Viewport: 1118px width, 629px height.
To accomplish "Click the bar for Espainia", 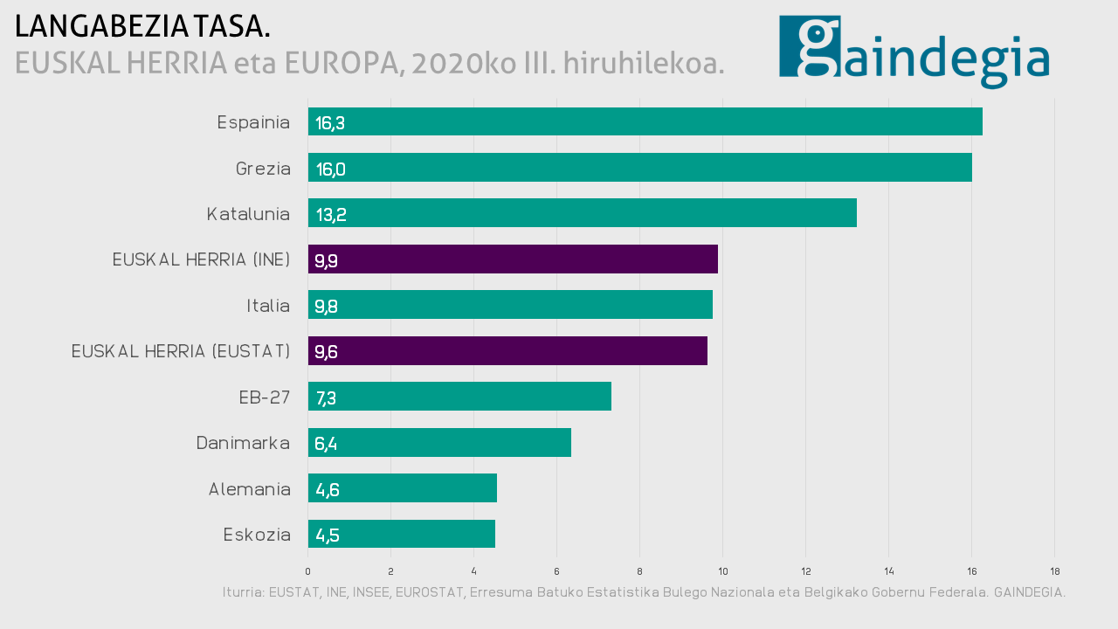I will pos(645,122).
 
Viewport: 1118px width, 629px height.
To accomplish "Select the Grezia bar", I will pos(639,168).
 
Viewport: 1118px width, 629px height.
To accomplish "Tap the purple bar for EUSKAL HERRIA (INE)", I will pos(513,259).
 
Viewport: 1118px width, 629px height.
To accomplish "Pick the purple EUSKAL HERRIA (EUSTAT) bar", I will pos(507,351).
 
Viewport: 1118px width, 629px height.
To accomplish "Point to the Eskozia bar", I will pos(402,534).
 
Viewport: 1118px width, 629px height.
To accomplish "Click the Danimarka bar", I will pos(439,443).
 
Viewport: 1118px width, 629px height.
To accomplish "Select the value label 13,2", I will pos(331,215).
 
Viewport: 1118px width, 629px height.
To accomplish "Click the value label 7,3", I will pos(326,398).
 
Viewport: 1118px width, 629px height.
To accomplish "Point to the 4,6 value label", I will pos(328,490).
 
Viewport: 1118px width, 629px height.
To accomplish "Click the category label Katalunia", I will pos(248,214).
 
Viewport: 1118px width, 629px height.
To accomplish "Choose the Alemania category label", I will pos(249,489).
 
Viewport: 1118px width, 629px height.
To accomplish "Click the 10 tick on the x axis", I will pos(723,571).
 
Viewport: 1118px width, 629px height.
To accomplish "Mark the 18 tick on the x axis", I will pos(1055,571).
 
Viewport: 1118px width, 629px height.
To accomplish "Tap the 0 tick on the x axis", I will pos(307,571).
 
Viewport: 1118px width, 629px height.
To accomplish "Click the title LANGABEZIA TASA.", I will pos(142,27).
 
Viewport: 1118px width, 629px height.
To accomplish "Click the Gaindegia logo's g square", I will pos(810,46).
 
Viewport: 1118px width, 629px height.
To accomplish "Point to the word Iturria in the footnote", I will pos(243,592).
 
